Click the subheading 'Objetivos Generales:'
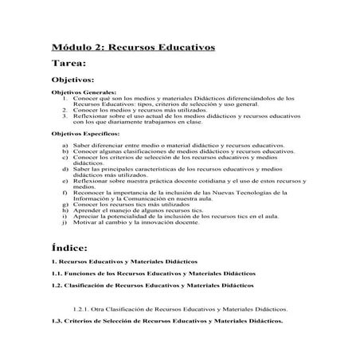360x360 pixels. point(84,93)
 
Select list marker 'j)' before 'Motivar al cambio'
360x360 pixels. point(65,221)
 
